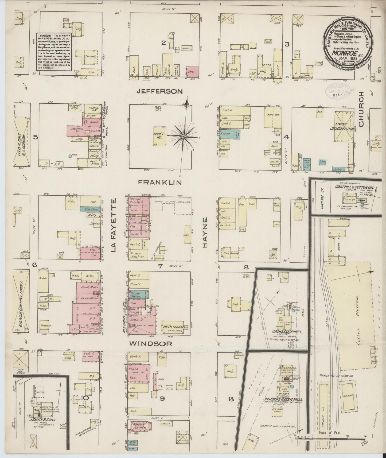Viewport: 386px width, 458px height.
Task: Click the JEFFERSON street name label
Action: [159, 91]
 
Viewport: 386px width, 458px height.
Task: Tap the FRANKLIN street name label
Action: [160, 183]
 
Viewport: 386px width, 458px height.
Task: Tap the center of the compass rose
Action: [184, 136]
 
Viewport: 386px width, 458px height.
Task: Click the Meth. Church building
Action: [173, 327]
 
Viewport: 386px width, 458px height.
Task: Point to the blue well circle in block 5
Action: [70, 156]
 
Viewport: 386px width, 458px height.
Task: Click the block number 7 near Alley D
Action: [160, 266]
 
